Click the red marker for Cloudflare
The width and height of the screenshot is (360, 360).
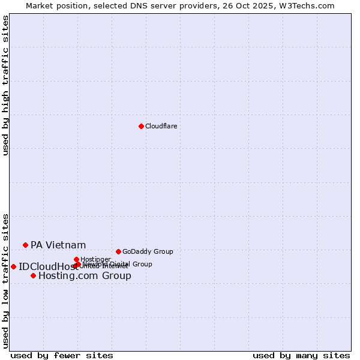tap(141, 126)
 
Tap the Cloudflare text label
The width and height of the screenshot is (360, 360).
tap(161, 126)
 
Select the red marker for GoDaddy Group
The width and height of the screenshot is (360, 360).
tap(118, 251)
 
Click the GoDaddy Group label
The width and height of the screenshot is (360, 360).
tap(148, 251)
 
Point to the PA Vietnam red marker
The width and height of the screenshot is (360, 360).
tap(25, 245)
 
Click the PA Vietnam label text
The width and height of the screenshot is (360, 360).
tap(58, 245)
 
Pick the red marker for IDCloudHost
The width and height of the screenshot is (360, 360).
tap(13, 266)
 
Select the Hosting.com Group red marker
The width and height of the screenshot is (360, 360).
tap(33, 275)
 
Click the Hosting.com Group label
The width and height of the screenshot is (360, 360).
tap(85, 276)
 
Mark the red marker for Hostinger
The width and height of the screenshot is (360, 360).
tap(76, 259)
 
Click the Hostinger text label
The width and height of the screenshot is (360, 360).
tap(95, 259)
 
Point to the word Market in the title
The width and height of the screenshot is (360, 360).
tap(40, 5)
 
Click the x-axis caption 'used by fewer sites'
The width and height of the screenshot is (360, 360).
tap(62, 355)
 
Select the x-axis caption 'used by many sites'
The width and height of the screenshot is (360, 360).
tap(301, 355)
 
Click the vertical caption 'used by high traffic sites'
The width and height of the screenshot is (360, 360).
tap(5, 85)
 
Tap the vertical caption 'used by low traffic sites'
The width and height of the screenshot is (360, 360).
tap(5, 280)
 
